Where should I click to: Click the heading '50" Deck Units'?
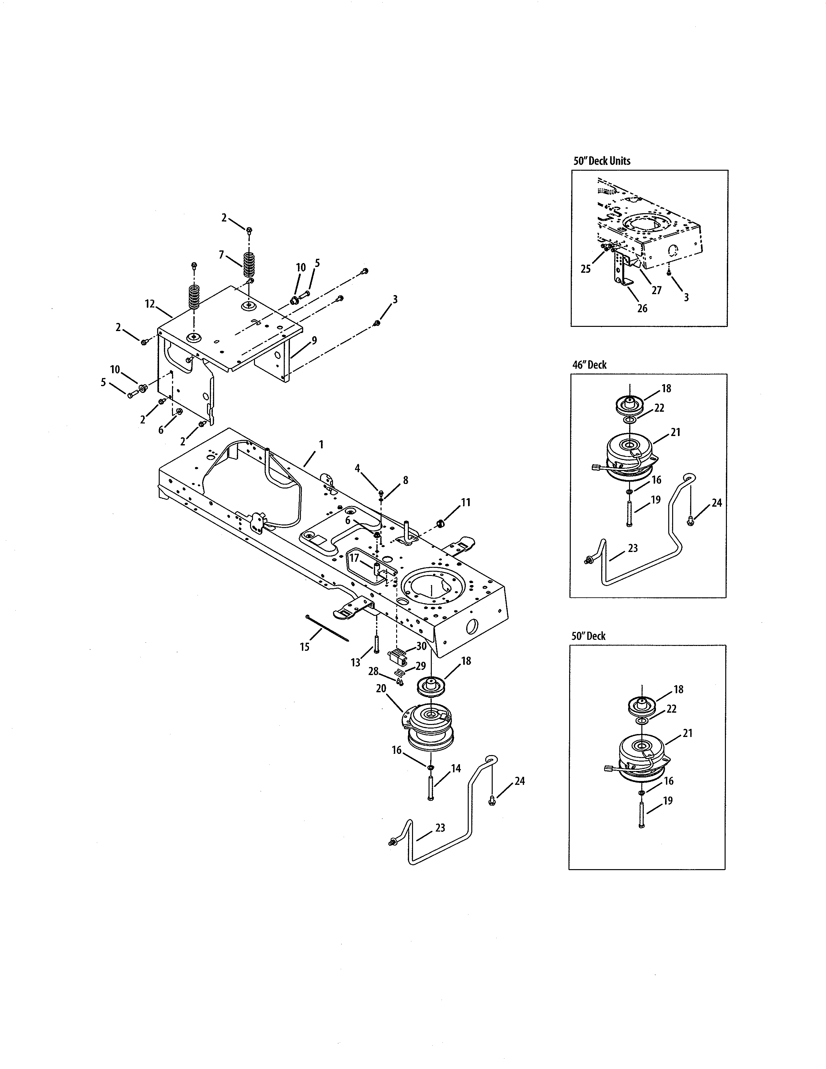tap(602, 161)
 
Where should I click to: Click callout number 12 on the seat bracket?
tap(150, 304)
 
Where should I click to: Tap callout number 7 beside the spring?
tap(221, 255)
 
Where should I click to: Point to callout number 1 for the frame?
tap(321, 444)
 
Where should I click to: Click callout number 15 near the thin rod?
tap(304, 647)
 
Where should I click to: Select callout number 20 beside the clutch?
tap(381, 688)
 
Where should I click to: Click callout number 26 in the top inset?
tap(642, 308)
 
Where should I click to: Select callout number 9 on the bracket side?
tap(314, 340)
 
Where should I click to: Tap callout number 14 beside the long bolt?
tap(455, 768)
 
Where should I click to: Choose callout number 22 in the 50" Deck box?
tap(671, 709)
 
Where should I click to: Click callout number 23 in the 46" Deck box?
tap(632, 548)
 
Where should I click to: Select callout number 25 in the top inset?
tap(585, 269)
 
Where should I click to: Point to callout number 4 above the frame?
tap(358, 468)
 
